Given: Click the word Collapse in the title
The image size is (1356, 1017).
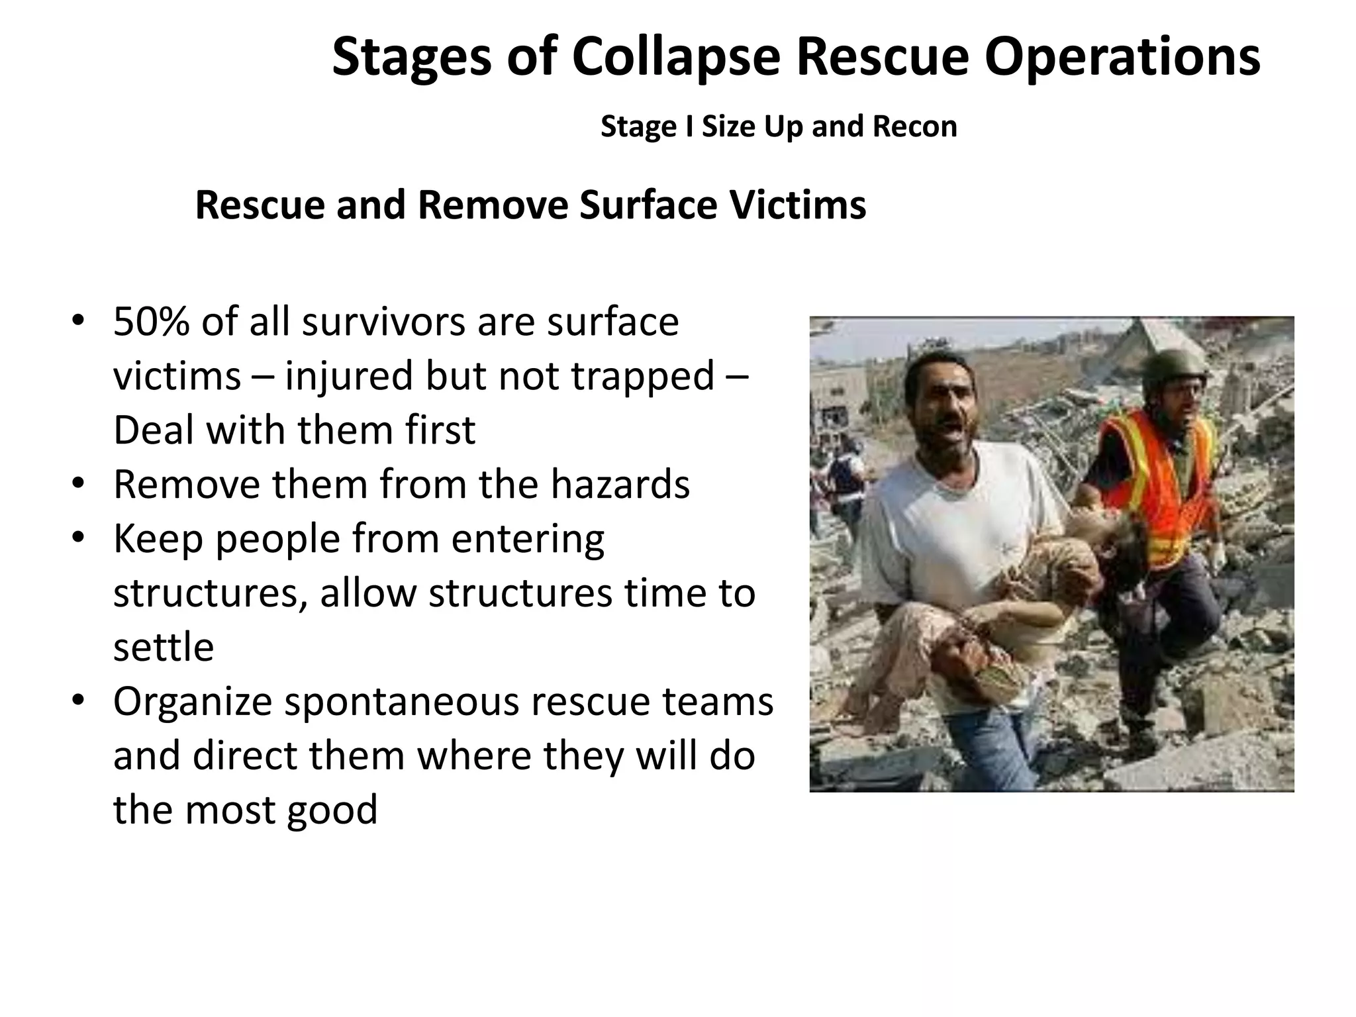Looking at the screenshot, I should [676, 58].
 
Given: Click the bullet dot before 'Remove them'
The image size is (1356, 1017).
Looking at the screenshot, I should [78, 484].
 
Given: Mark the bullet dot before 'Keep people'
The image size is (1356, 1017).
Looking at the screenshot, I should [78, 538].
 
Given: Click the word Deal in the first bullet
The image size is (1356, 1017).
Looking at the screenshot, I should [153, 430].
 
